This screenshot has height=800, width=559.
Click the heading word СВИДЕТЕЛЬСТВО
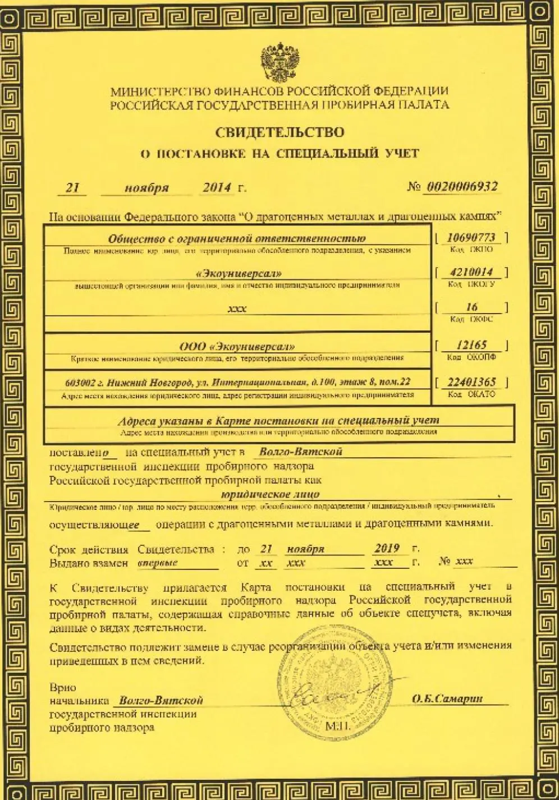pos(280,132)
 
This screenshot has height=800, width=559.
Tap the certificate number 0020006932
pos(462,187)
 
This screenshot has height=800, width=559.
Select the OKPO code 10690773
pos(471,237)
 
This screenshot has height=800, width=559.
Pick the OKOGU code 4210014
pos(471,272)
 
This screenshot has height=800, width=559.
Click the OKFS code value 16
pos(472,307)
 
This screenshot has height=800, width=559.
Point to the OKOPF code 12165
pos(471,345)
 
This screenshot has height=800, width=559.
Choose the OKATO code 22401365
pos(471,382)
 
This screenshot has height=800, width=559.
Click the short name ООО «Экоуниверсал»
pos(237,347)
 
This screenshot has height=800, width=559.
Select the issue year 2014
pos(217,187)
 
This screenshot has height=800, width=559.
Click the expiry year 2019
pos(387,549)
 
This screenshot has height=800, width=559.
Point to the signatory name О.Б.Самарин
pos(447,698)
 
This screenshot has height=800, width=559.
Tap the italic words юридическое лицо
pos(271,494)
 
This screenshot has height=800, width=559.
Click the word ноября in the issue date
pos(146,188)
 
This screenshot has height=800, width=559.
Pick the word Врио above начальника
pos(62,687)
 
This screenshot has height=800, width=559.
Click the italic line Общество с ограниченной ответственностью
pos(237,238)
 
